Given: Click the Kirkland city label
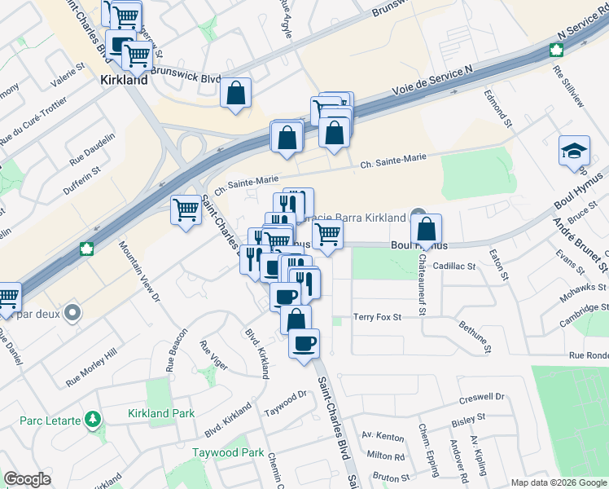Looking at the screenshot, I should [124, 81].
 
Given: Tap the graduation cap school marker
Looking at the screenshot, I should [575, 151].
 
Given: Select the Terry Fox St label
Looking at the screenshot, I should [378, 316].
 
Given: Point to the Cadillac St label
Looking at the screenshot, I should [453, 266].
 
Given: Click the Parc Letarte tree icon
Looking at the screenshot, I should [94, 419].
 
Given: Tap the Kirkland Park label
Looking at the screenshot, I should [161, 413].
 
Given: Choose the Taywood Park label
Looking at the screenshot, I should [228, 452].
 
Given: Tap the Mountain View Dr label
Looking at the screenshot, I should [137, 270].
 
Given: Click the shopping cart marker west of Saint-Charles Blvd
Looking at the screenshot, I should [186, 212].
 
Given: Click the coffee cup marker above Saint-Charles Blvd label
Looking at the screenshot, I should [304, 342].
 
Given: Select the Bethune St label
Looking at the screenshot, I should [475, 337].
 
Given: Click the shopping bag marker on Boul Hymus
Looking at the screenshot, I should [426, 231].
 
